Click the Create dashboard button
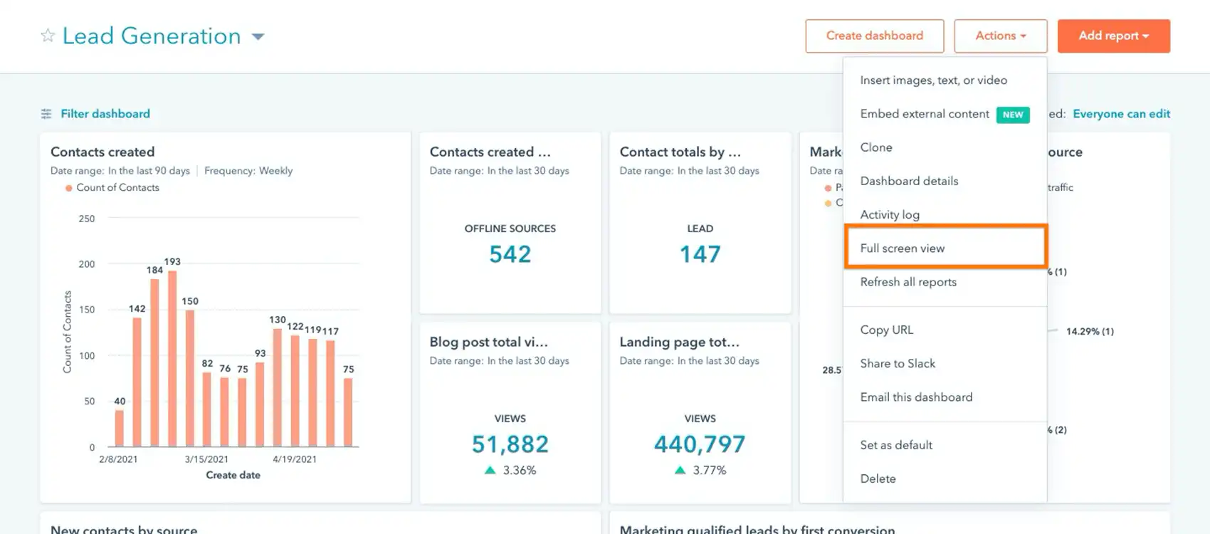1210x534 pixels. tap(874, 36)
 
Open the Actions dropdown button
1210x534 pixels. tap(1000, 36)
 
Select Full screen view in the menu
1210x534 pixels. tap(902, 248)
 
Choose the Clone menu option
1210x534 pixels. tap(875, 147)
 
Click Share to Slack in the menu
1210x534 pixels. tap(897, 363)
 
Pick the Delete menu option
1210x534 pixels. tap(878, 478)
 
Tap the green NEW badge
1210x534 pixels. tap(1012, 115)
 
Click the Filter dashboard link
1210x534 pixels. tap(105, 114)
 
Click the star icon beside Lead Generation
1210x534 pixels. tap(48, 36)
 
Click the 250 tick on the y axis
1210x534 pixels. tap(86, 219)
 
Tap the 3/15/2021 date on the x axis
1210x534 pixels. tap(206, 459)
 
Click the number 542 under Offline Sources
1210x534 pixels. tap(510, 254)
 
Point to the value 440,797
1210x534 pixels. tap(699, 444)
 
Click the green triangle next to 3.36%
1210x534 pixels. tap(490, 470)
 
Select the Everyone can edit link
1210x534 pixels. tap(1121, 114)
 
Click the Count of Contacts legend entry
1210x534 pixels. tap(117, 188)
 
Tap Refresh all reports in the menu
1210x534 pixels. tap(907, 282)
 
